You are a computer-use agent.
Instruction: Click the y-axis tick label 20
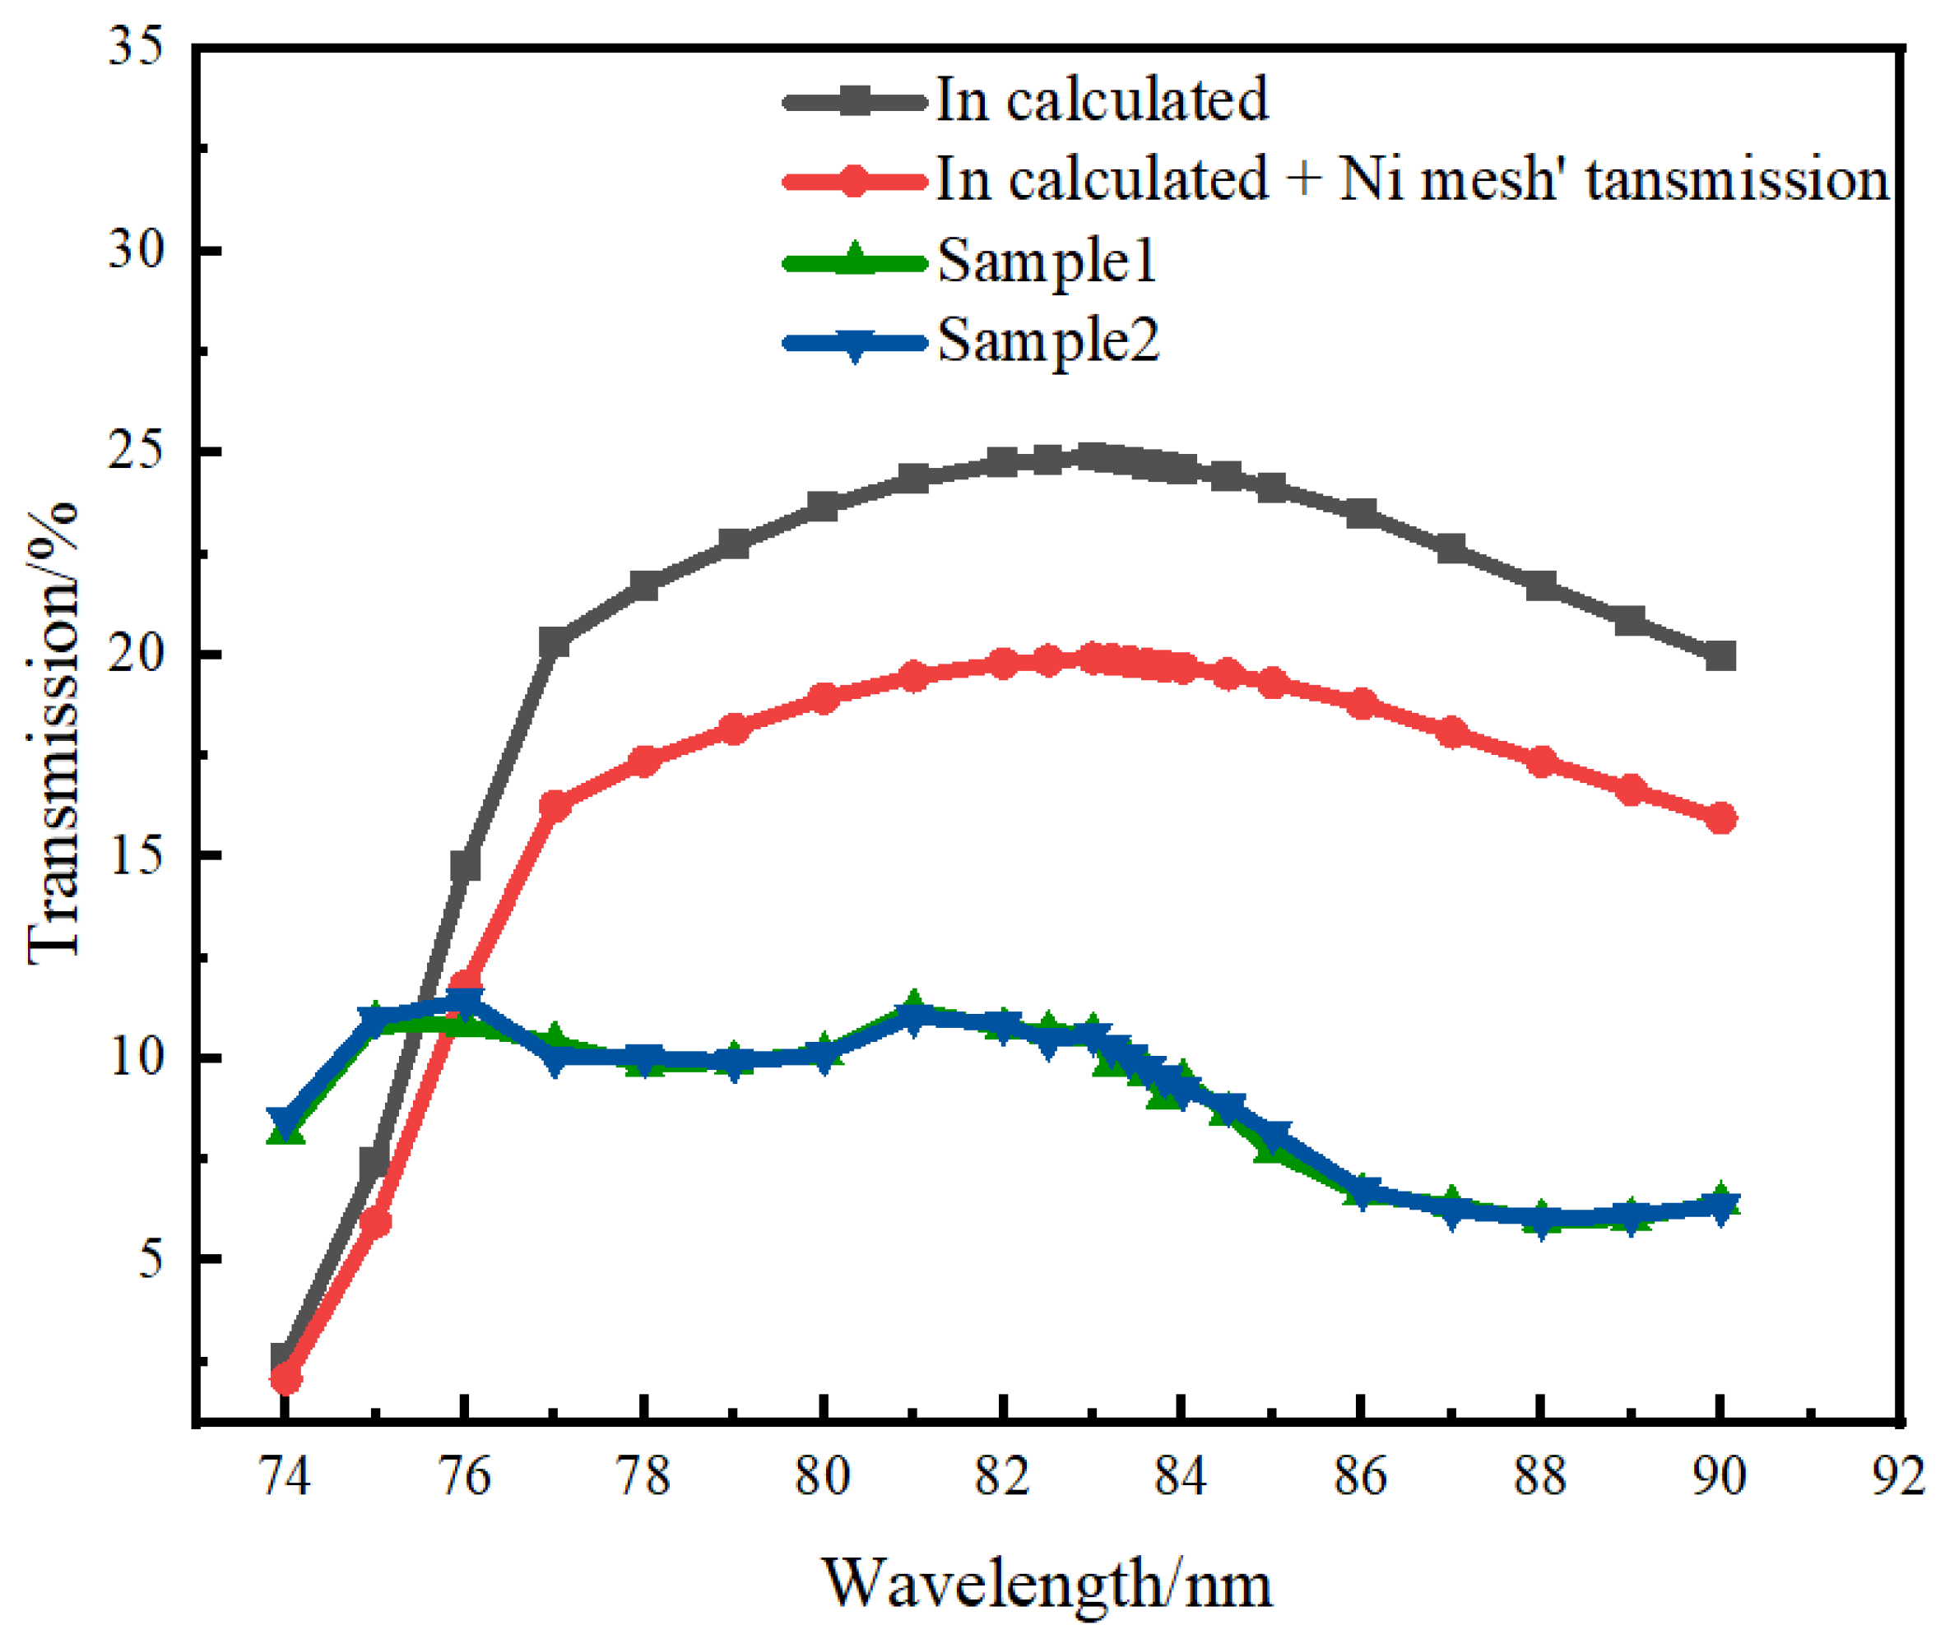click(137, 653)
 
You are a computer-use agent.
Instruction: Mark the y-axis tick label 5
click(150, 1258)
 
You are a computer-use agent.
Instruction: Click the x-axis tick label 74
click(283, 1477)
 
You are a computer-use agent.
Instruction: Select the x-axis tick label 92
click(1897, 1477)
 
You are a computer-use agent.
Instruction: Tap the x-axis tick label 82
click(1001, 1477)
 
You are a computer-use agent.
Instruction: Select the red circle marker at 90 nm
click(1720, 818)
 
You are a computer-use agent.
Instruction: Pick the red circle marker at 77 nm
click(555, 804)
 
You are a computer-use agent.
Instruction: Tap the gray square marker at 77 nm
click(555, 643)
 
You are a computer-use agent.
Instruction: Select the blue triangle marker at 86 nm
click(1362, 1193)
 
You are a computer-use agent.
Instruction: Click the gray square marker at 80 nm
click(823, 507)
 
